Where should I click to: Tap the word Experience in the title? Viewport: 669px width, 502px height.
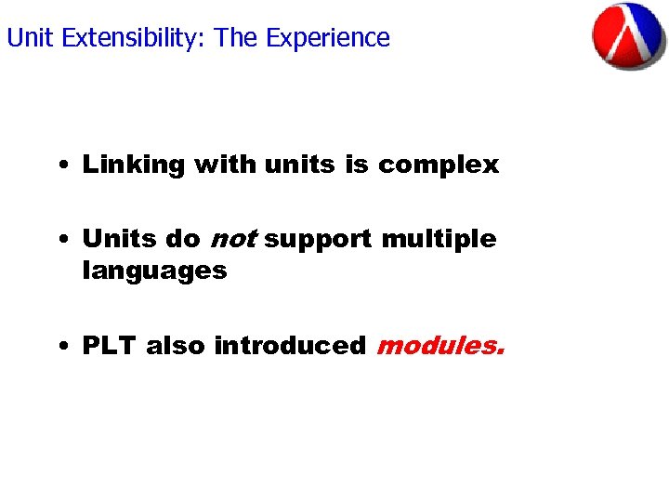(328, 38)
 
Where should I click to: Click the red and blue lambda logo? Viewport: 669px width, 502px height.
(629, 37)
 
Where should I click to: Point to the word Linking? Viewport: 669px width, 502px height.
(134, 165)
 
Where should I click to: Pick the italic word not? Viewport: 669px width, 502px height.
(232, 239)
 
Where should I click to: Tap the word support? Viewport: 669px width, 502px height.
(320, 240)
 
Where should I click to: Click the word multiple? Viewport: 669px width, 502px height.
(439, 239)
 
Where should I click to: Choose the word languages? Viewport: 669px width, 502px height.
(154, 271)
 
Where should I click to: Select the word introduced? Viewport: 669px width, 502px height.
(290, 346)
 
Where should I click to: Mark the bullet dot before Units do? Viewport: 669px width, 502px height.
(60, 241)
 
